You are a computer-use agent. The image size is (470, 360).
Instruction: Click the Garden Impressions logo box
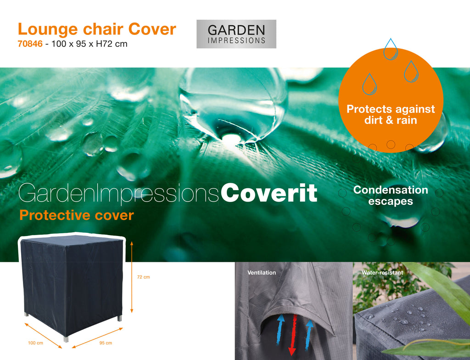[x=236, y=34]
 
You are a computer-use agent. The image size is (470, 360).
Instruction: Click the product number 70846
[x=30, y=44]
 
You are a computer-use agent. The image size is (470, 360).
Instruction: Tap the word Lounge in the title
[x=48, y=30]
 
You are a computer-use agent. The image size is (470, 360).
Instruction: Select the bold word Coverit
[x=269, y=193]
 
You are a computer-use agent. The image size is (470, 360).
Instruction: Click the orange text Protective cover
[x=77, y=215]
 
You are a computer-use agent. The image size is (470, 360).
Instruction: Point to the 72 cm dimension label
[x=143, y=277]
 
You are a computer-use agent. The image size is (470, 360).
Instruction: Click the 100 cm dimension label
[x=35, y=343]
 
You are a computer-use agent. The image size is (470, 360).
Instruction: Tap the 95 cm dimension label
[x=106, y=343]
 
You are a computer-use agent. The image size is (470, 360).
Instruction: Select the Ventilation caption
[x=261, y=273]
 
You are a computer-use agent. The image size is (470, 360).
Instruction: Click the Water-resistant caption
[x=382, y=273]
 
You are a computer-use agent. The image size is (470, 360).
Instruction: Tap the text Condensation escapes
[x=391, y=195]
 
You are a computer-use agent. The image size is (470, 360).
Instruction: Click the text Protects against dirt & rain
[x=391, y=114]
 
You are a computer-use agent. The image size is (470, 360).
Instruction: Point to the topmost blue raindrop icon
[x=391, y=49]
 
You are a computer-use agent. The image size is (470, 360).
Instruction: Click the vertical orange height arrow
[x=132, y=277]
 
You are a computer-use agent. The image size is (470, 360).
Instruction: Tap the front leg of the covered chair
[x=66, y=339]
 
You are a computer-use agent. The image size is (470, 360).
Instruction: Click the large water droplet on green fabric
[x=233, y=106]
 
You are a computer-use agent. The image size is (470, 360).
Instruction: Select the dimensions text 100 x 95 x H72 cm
[x=90, y=44]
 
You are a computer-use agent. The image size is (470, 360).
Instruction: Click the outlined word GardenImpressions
[x=118, y=193]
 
